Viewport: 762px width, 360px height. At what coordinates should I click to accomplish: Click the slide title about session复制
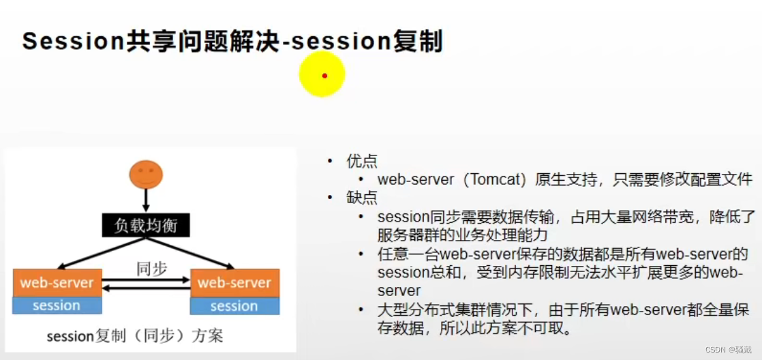[232, 41]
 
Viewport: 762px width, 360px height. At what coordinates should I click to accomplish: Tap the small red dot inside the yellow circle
[324, 76]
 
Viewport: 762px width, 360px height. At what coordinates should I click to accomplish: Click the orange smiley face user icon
[146, 175]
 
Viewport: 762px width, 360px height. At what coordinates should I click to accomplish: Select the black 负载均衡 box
[146, 225]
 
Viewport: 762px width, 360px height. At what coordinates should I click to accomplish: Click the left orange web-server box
[57, 282]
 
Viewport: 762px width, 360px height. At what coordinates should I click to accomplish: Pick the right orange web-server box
[234, 282]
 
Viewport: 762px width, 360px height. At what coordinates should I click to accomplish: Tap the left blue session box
[57, 305]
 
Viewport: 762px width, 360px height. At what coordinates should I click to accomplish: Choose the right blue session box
[234, 305]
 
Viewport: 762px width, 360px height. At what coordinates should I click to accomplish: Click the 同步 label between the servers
[151, 268]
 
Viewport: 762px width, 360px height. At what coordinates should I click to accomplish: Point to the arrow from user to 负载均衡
[146, 201]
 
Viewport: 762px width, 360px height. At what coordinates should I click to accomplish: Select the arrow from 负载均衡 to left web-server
[102, 253]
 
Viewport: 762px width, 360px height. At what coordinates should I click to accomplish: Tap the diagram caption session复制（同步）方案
[134, 336]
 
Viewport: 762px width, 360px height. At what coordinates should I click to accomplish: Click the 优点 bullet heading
[361, 162]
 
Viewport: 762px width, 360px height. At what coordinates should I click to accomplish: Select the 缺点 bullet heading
[361, 198]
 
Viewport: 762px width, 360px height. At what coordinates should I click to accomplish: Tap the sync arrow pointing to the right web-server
[146, 280]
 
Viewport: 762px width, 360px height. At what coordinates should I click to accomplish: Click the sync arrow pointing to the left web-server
[146, 288]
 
